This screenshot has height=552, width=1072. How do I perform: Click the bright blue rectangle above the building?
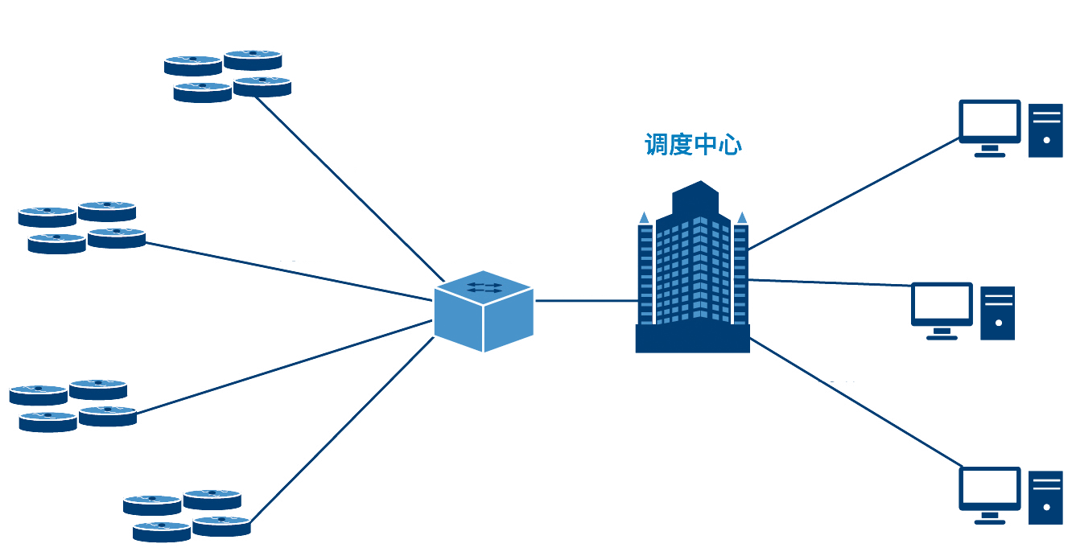tap(692, 145)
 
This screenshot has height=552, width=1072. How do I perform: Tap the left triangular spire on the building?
tap(644, 217)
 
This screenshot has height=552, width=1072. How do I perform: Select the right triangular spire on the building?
tap(742, 217)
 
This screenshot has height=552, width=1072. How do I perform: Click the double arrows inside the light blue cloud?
tap(484, 287)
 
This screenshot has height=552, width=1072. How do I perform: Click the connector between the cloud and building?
tap(579, 303)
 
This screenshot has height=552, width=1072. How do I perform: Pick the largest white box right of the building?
tap(945, 253)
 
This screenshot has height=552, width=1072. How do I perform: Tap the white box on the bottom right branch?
tap(840, 366)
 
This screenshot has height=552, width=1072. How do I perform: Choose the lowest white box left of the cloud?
tap(322, 414)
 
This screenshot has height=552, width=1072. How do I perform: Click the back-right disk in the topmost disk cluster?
tap(253, 54)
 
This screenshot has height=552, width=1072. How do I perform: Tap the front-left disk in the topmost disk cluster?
tap(202, 86)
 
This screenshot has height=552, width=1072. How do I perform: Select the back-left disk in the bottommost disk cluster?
tap(152, 499)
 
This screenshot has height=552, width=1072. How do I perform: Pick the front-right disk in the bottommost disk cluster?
tap(221, 520)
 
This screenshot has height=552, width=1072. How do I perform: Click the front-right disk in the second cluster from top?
tap(117, 232)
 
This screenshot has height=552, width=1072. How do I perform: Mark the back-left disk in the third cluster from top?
tap(39, 389)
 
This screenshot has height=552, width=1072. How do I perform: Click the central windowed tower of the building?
tap(692, 270)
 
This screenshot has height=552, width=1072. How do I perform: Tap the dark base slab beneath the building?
tap(695, 360)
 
